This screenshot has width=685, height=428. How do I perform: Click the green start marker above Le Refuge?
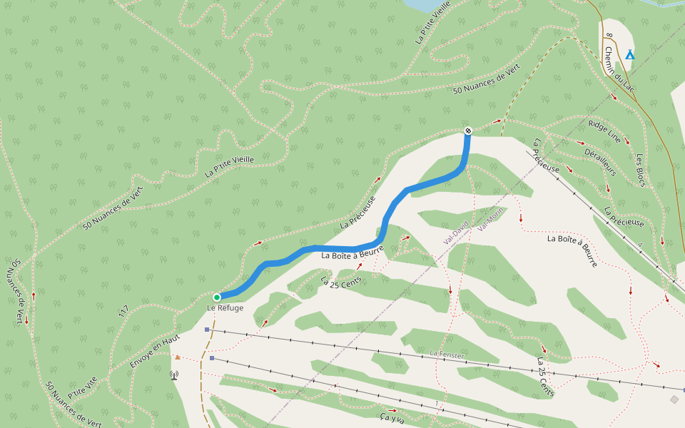(x=217, y=297)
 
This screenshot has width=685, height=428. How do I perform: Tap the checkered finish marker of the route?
(x=468, y=131)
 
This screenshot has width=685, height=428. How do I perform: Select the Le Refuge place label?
(x=225, y=308)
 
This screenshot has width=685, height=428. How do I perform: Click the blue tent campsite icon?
(x=629, y=55)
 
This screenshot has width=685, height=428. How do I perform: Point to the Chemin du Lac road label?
(x=619, y=68)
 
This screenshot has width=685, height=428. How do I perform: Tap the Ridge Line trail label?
(x=604, y=131)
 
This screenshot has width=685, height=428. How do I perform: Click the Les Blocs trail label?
(x=640, y=170)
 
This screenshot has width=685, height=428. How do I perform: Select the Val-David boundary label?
(x=456, y=232)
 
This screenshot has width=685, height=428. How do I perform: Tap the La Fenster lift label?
(x=447, y=355)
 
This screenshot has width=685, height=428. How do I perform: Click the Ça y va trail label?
(x=392, y=417)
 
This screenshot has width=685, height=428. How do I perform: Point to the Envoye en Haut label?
(x=155, y=350)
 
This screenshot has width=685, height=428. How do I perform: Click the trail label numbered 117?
(x=123, y=312)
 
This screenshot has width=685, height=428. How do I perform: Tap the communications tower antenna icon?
(x=174, y=374)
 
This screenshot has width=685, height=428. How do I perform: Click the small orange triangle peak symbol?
(x=177, y=357)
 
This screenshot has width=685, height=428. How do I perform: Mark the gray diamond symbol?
(x=674, y=399)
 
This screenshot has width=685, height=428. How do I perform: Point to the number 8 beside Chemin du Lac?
(x=608, y=34)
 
